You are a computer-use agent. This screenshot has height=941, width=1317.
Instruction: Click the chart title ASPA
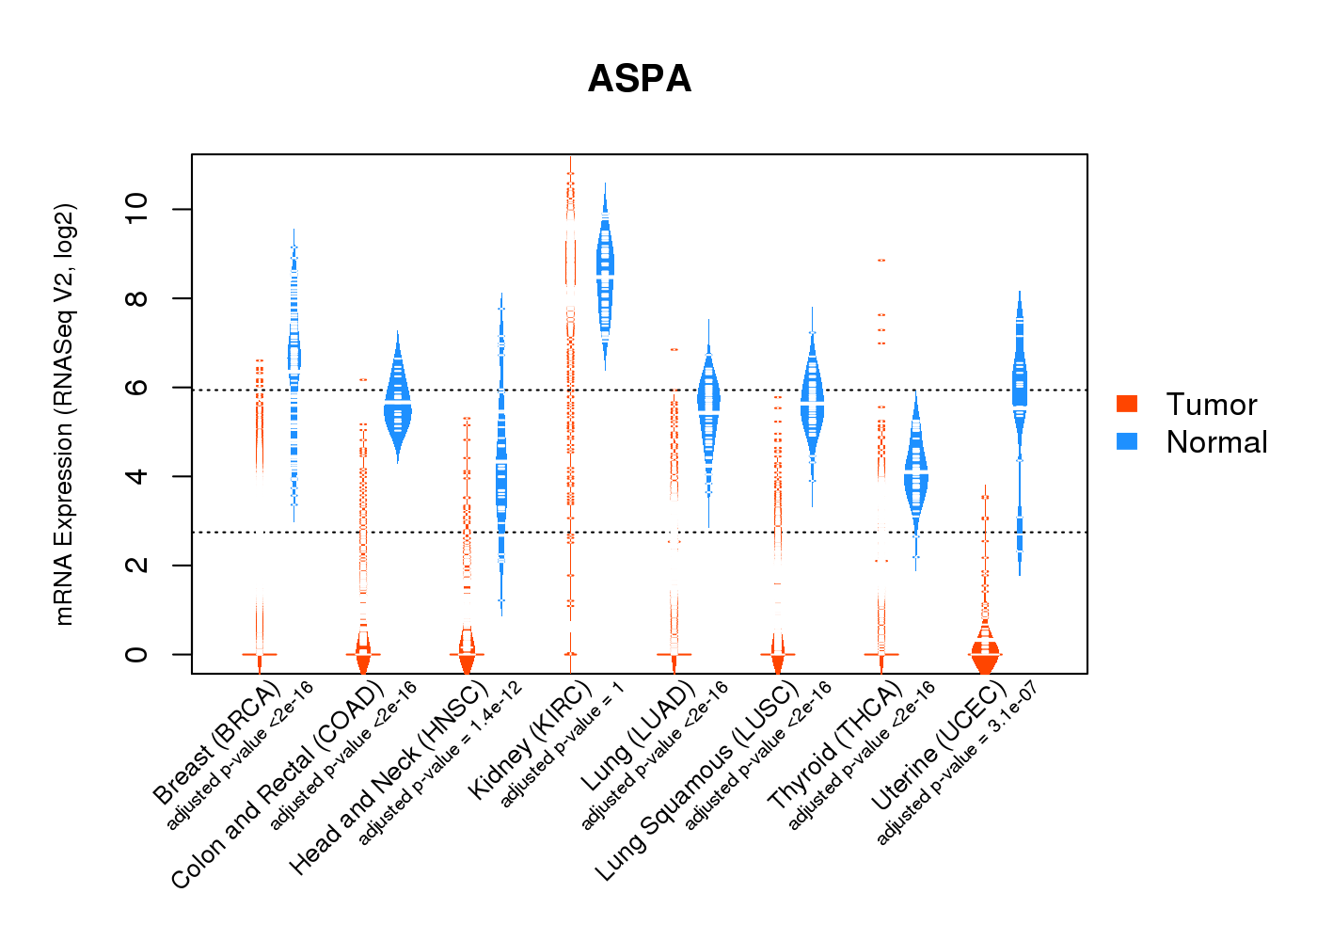pos(640,79)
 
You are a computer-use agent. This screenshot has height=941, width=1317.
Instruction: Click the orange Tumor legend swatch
pos(1127,404)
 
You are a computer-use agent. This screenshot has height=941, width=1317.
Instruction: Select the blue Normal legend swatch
pos(1127,441)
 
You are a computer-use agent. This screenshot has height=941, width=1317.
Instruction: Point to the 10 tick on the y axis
pos(136,209)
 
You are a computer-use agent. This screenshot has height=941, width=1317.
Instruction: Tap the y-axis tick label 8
pos(136,298)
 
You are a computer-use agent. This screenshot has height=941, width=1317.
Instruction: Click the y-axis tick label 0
pos(136,654)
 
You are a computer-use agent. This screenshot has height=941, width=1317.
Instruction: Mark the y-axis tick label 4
pos(136,476)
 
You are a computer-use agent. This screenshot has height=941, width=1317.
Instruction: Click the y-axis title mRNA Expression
pos(64,414)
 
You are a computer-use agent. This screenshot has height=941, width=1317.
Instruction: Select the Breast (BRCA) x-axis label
pos(217,743)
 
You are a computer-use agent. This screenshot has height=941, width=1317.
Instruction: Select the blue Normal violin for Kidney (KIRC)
pos(605,273)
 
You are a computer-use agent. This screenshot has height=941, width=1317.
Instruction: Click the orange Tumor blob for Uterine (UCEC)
pos(985,654)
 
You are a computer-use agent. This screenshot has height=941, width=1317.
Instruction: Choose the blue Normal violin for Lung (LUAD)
pos(708,405)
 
